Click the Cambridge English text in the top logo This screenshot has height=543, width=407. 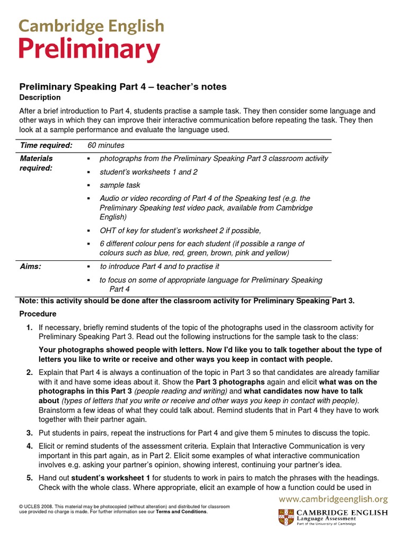(91, 26)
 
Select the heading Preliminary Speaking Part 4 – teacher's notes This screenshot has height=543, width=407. (123, 86)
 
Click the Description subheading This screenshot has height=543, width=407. (40, 98)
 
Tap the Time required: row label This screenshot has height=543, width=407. (46, 145)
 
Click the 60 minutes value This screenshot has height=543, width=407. (107, 145)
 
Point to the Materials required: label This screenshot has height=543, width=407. (37, 163)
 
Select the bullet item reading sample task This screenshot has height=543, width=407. (120, 185)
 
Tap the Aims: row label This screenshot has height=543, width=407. (31, 266)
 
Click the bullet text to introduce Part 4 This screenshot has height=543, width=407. (160, 266)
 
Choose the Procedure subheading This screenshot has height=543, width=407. (38, 314)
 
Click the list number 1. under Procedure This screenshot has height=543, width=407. (30, 327)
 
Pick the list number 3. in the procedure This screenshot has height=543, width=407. (30, 433)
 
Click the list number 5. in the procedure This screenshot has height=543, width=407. (30, 478)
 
